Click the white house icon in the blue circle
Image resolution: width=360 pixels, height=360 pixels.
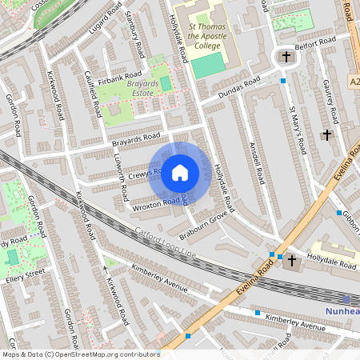tap(180, 173)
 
